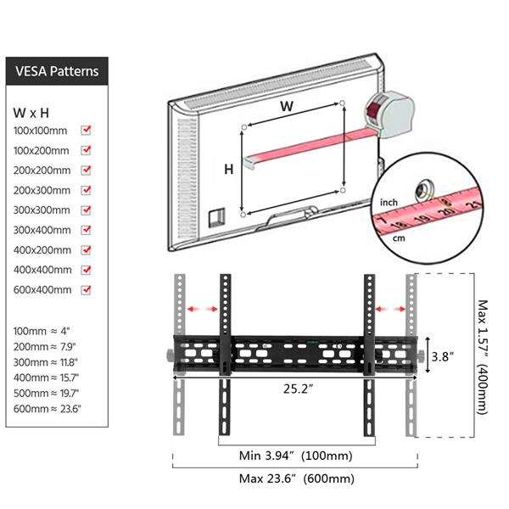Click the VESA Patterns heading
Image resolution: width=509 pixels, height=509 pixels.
click(x=57, y=71)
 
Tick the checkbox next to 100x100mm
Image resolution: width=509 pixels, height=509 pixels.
click(x=86, y=130)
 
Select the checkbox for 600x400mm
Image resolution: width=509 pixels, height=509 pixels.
click(x=86, y=289)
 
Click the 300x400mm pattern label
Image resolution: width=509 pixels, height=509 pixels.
click(x=42, y=230)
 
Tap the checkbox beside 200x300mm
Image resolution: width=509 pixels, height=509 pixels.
click(x=86, y=190)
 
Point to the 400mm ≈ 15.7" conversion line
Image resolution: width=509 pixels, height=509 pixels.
click(x=46, y=378)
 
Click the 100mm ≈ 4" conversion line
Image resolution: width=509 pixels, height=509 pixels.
click(x=42, y=331)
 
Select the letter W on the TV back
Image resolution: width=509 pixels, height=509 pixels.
click(x=287, y=106)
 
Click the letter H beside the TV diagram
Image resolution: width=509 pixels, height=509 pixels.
click(x=228, y=169)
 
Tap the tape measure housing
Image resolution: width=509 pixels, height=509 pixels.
click(x=390, y=114)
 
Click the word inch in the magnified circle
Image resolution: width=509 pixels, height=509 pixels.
click(x=389, y=203)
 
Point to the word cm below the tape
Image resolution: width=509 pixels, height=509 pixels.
click(x=399, y=238)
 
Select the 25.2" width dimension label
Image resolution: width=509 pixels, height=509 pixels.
click(x=298, y=389)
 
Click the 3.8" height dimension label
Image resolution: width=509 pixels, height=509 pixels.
click(x=442, y=356)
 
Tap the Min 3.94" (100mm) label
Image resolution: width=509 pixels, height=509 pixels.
click(x=295, y=456)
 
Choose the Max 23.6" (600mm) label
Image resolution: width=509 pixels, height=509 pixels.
click(x=296, y=478)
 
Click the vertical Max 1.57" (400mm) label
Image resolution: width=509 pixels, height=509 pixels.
click(x=483, y=357)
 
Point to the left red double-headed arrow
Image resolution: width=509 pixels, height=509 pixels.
click(x=203, y=309)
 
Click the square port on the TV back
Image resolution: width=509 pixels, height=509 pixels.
click(x=216, y=217)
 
